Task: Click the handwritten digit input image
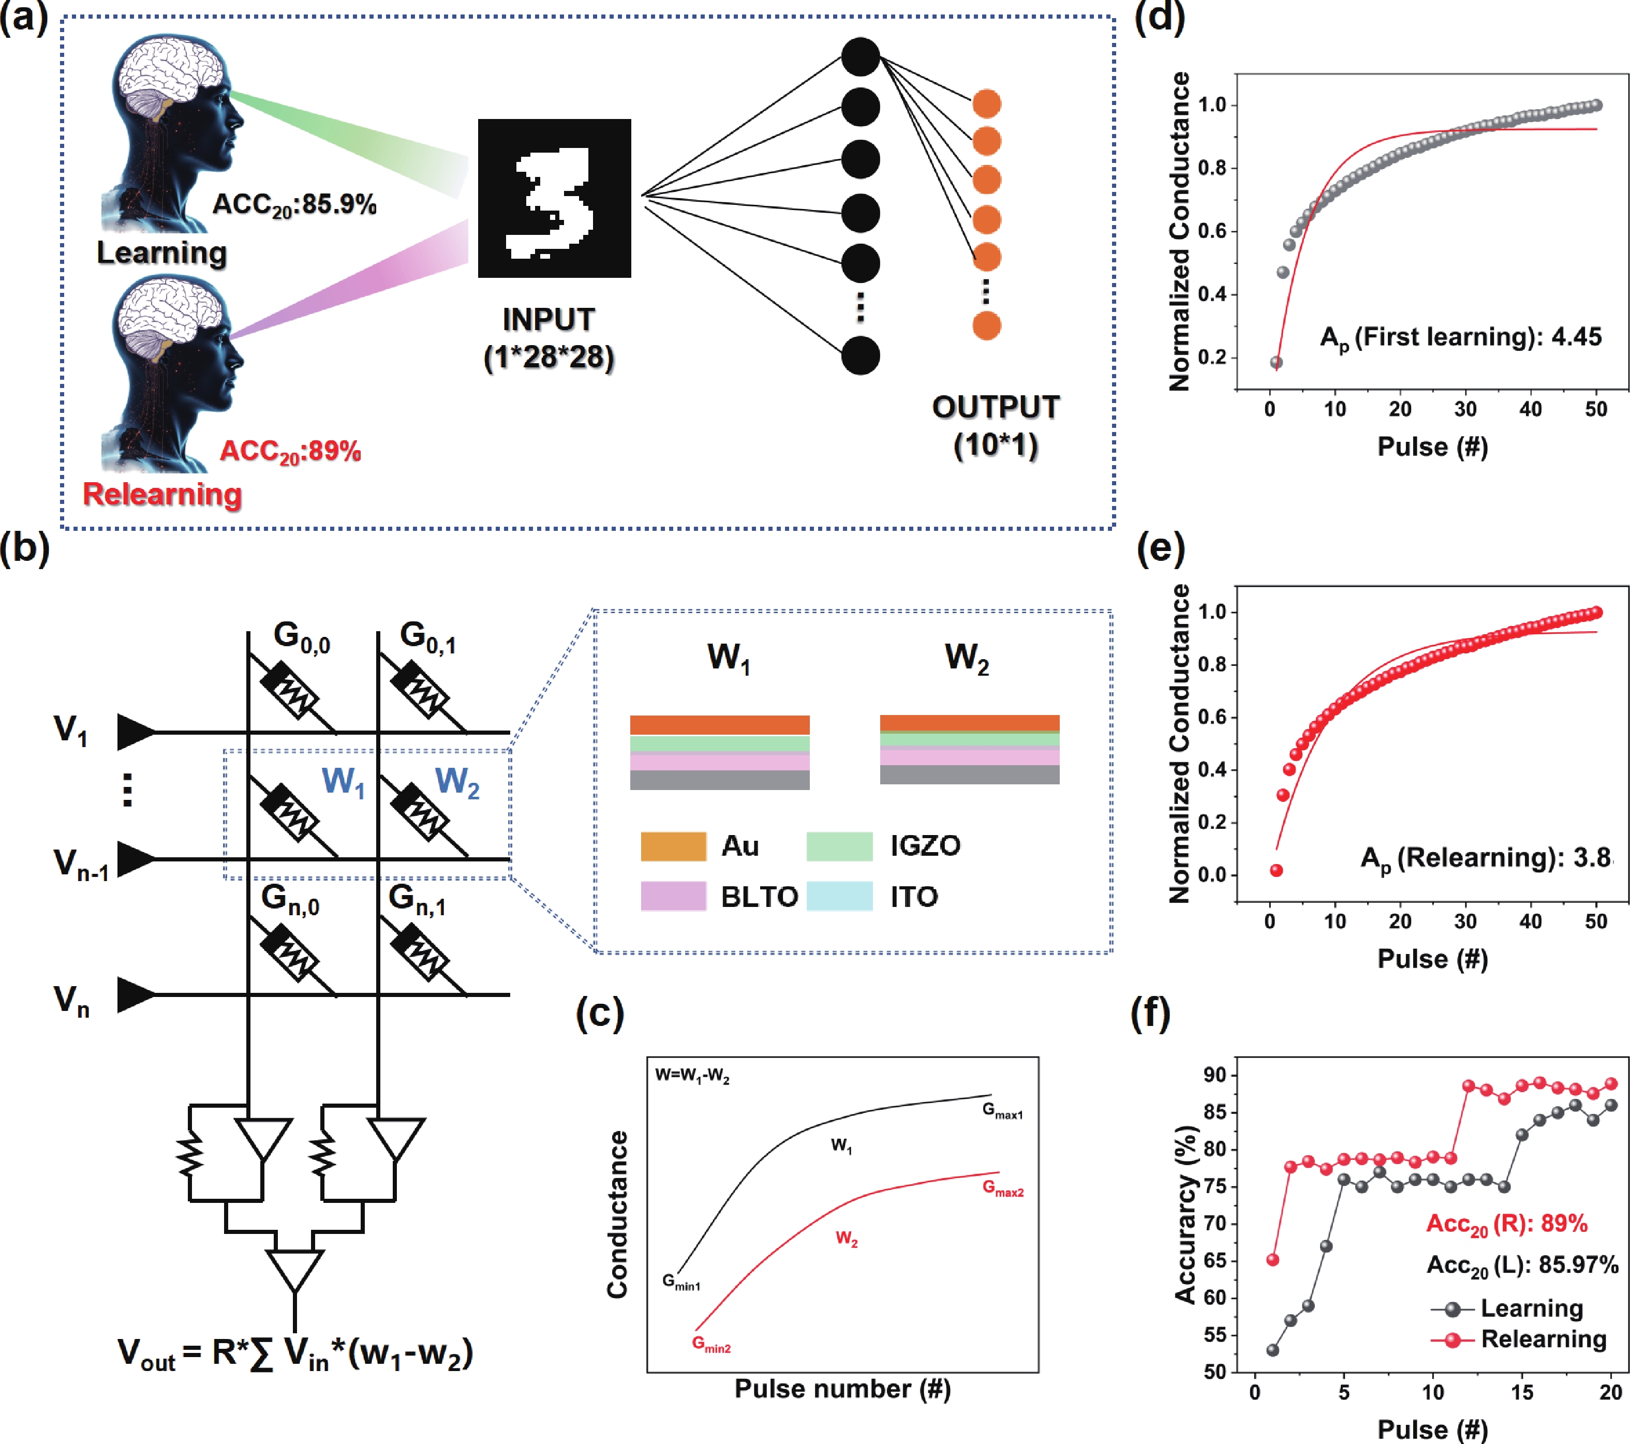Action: (554, 199)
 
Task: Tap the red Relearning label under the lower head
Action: (162, 495)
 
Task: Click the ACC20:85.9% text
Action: (294, 205)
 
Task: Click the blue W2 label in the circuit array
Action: (457, 782)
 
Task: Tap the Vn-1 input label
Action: (80, 864)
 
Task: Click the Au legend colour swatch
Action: (673, 846)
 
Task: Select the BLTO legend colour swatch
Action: (673, 896)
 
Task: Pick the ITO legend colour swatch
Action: (840, 896)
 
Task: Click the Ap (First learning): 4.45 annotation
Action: (1460, 337)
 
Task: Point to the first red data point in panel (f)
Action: (1273, 1260)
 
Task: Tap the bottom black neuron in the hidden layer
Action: (861, 355)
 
